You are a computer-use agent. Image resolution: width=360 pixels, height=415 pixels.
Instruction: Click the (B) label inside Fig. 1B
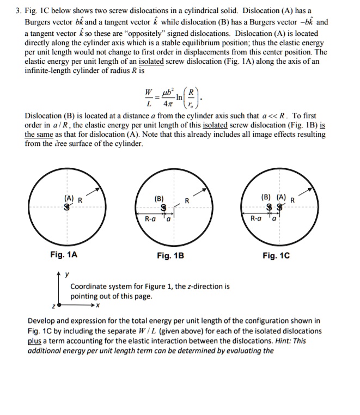pos(159,199)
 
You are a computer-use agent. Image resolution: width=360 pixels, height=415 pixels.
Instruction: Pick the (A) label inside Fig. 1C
pos(282,197)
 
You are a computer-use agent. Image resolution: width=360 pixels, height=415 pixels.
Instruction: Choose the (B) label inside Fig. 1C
pos(266,197)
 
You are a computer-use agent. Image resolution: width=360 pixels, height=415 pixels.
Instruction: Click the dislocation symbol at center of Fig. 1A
pos(67,207)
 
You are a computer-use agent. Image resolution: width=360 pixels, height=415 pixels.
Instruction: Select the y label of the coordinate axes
pos(67,274)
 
